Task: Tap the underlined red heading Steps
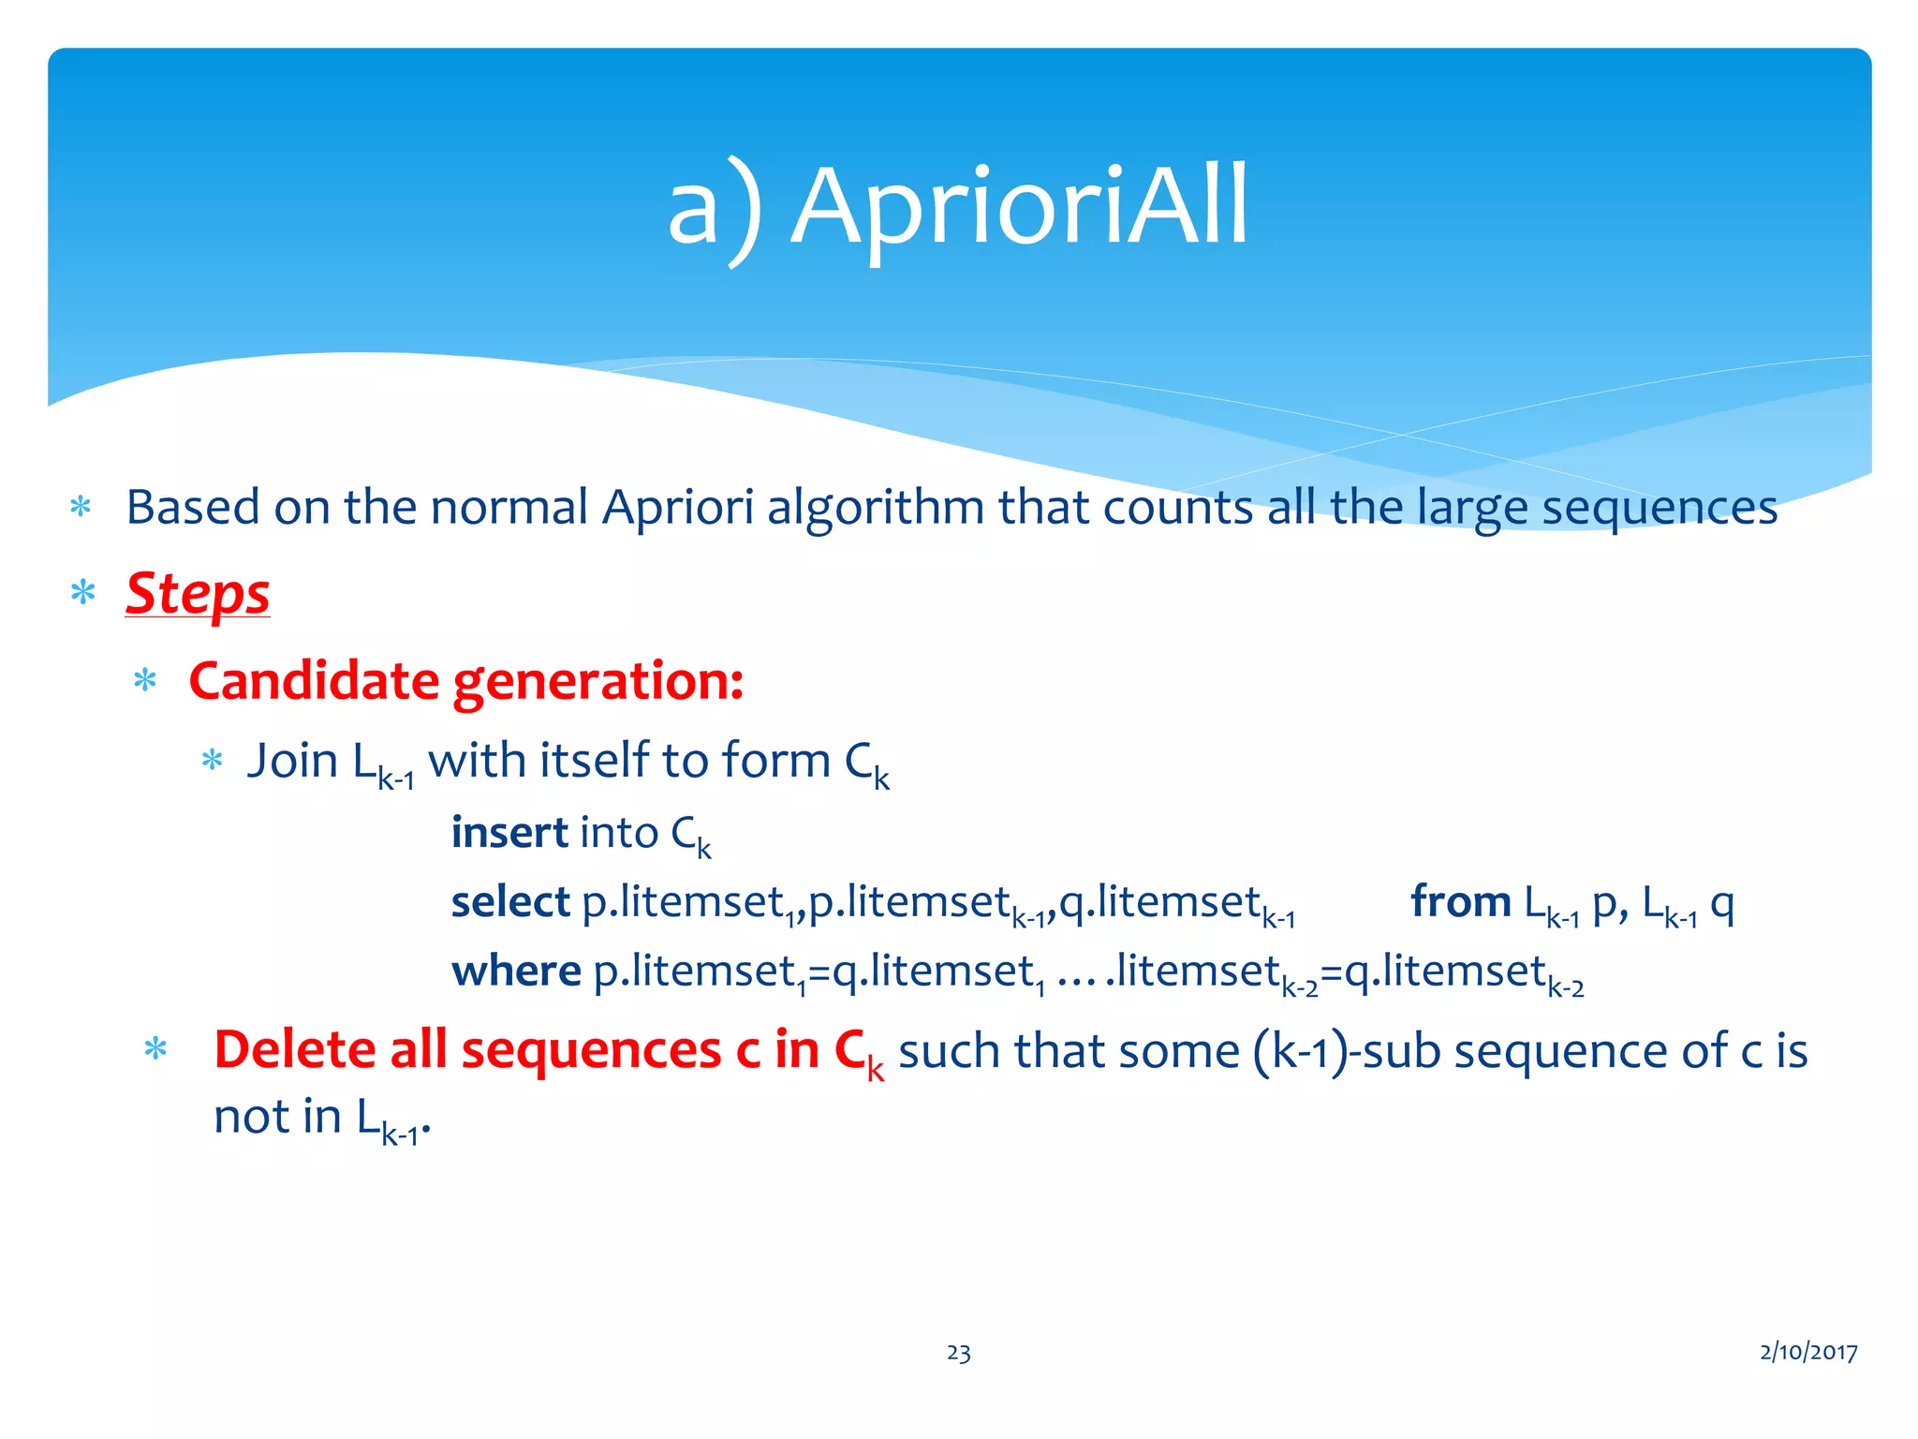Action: (198, 594)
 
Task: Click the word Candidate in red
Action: (314, 681)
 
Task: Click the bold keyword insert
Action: (509, 833)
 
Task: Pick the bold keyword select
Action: (510, 902)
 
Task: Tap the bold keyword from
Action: (1460, 902)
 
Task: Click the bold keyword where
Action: (516, 972)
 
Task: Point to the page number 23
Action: (958, 1353)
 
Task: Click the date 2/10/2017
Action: (1807, 1352)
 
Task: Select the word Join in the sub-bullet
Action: (292, 761)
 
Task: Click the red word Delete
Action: (294, 1050)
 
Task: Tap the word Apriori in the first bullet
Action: (677, 509)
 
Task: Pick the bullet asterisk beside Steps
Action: (82, 594)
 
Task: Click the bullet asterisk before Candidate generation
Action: (145, 681)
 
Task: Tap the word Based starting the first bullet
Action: (193, 509)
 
